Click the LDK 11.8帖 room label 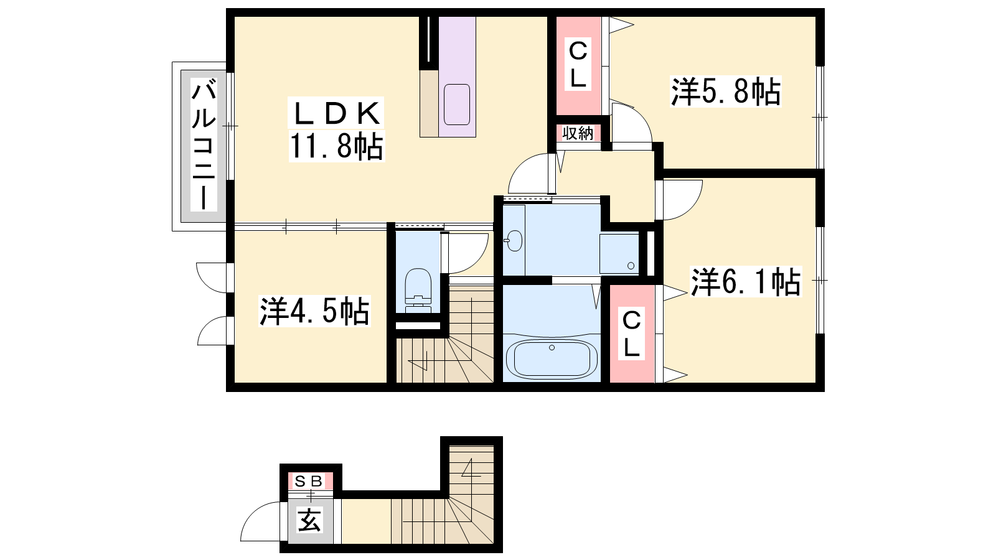coord(337,129)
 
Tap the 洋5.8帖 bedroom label coord(726,91)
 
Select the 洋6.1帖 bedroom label coord(746,281)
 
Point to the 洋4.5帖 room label coord(314,311)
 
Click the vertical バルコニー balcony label coord(204,144)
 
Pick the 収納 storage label coord(578,133)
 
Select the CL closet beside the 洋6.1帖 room coord(631,334)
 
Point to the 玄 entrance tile coord(309,520)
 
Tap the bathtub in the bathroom coord(552,358)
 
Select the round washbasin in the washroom coord(514,240)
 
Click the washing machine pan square coord(619,253)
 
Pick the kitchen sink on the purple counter coord(457,105)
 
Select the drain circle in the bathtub coord(552,348)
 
